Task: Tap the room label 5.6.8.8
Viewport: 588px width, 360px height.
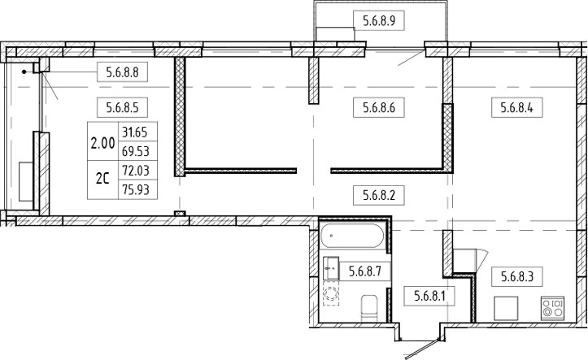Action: [x=123, y=72]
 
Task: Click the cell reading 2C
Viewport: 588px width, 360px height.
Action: [x=102, y=180]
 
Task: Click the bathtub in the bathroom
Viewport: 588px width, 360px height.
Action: [x=352, y=238]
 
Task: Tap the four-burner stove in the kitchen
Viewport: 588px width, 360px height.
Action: [x=552, y=308]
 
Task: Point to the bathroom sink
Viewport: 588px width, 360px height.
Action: [x=331, y=264]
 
